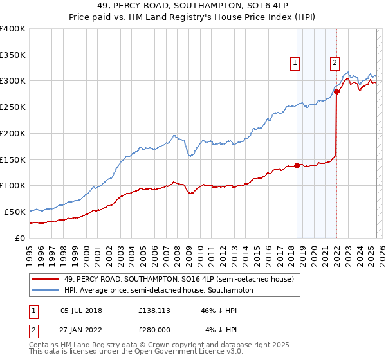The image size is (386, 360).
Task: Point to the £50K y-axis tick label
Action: click(x=15, y=212)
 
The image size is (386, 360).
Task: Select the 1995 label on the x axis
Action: click(x=30, y=250)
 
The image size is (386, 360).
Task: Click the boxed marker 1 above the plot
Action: click(x=295, y=62)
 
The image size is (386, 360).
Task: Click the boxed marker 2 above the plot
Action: click(x=335, y=62)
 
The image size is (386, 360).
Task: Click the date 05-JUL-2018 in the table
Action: click(x=81, y=310)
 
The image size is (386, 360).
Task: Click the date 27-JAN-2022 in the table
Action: click(x=81, y=330)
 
